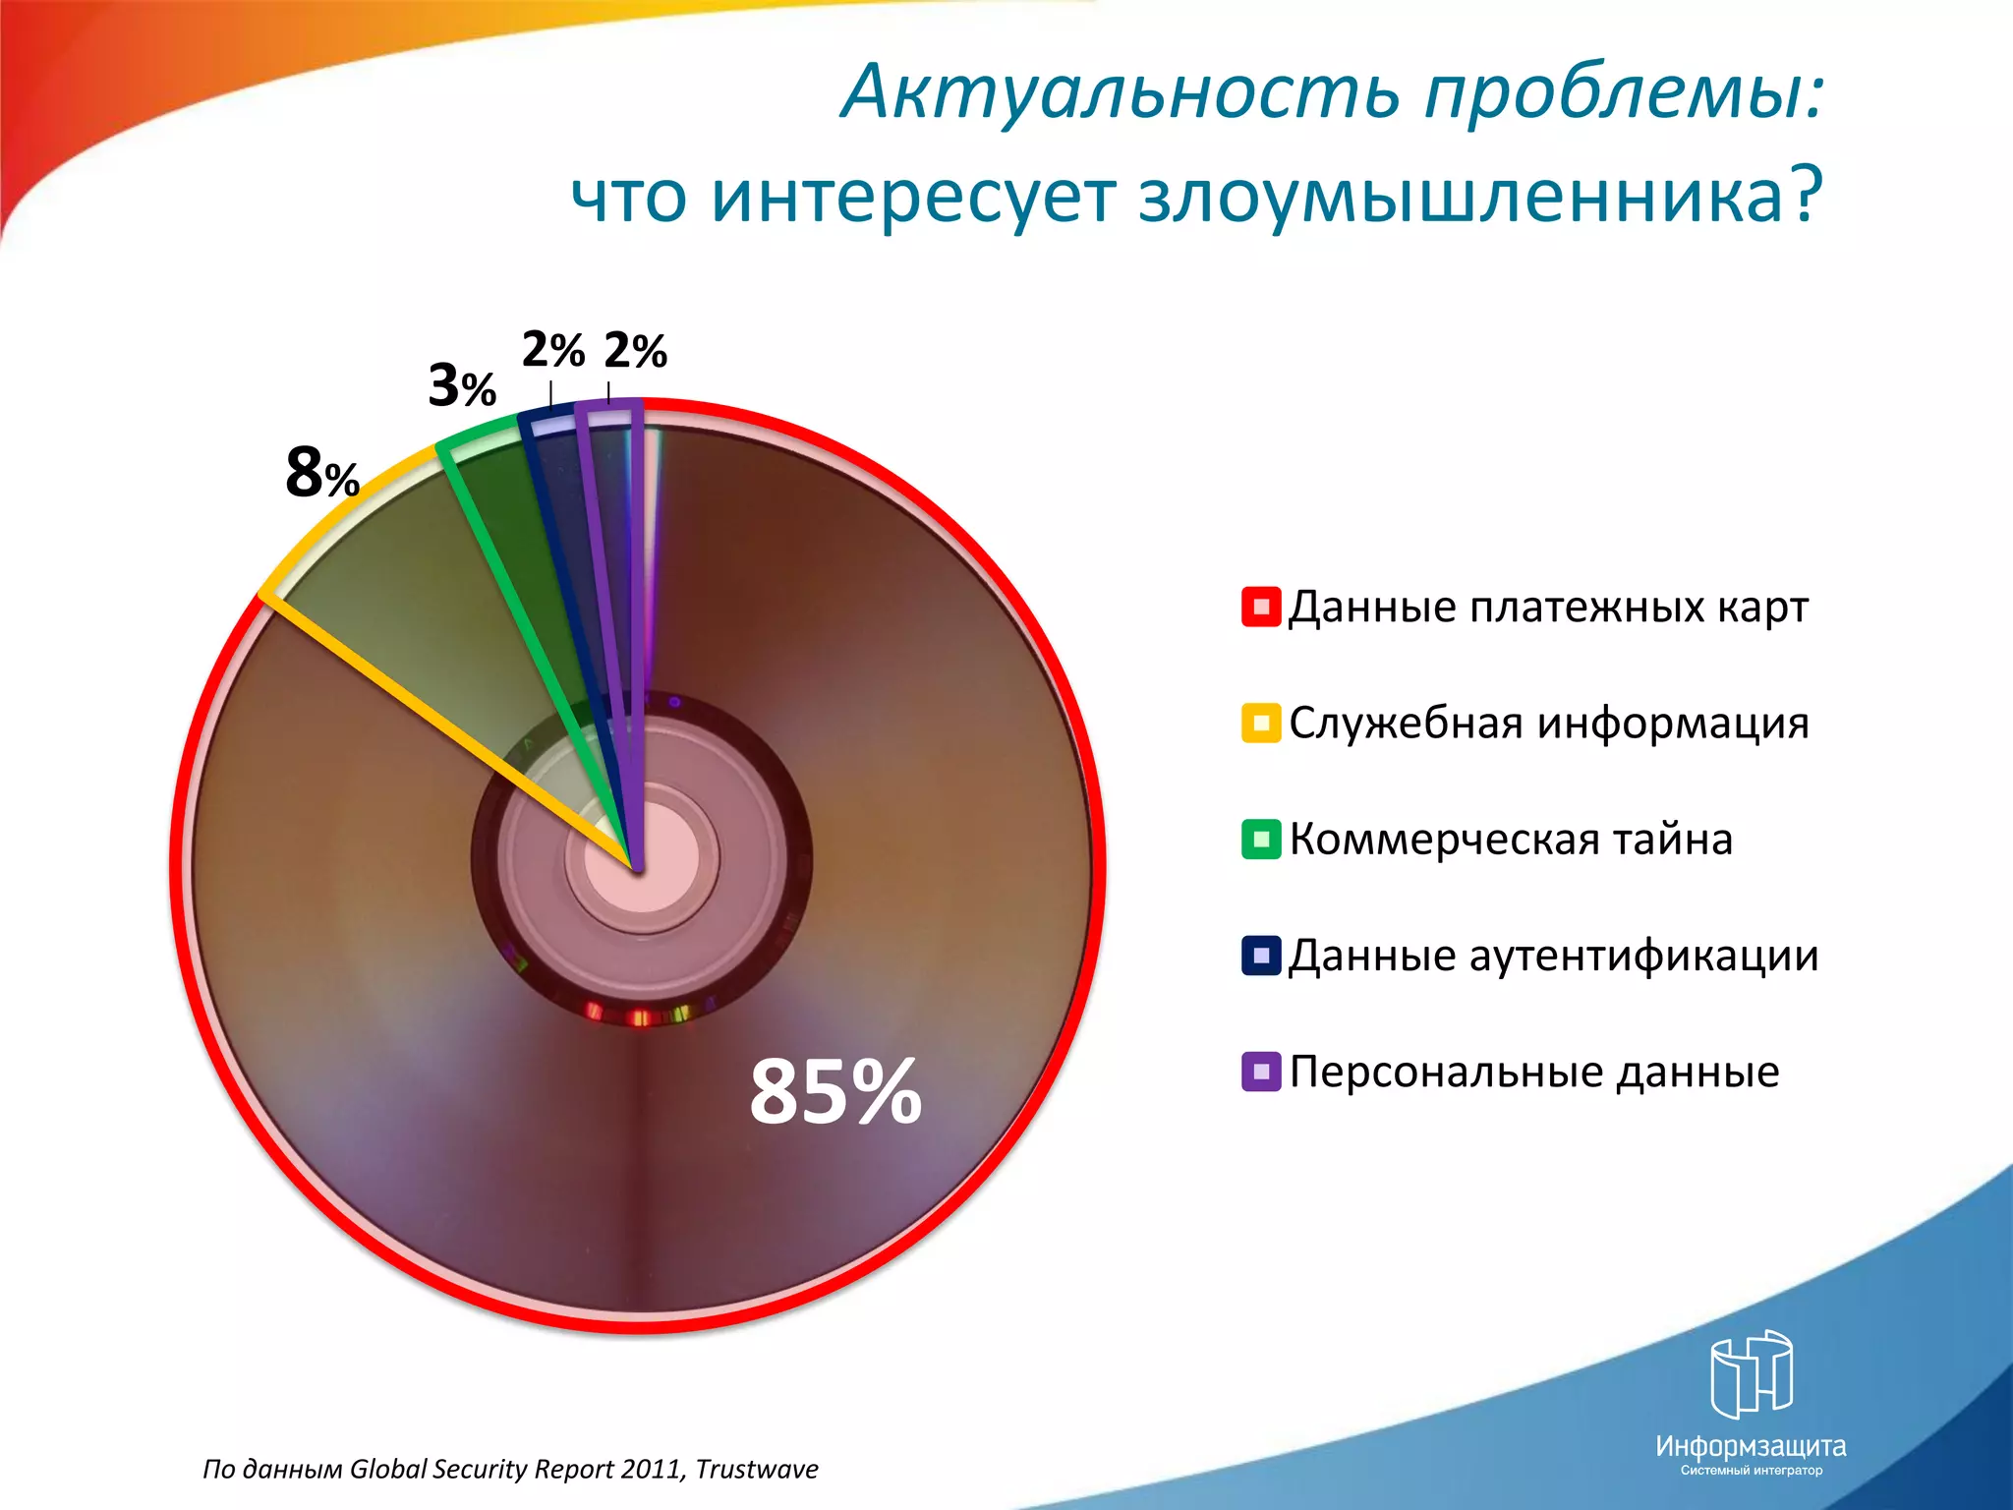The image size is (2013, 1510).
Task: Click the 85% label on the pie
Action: tap(834, 1091)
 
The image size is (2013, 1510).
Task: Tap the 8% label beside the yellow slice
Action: tap(321, 473)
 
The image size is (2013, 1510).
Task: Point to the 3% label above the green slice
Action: tap(461, 385)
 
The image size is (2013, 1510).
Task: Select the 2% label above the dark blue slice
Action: tap(552, 350)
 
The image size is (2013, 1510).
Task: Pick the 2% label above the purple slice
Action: tap(635, 351)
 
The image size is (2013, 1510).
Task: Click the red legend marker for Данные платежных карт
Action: tap(1260, 607)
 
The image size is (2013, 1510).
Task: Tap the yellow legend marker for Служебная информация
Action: tap(1260, 723)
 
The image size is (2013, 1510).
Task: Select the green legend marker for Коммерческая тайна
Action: tap(1260, 839)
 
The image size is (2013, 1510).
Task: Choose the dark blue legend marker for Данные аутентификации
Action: tap(1260, 955)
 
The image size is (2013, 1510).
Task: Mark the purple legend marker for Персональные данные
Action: tap(1260, 1071)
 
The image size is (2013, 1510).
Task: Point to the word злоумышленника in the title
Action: tap(1479, 197)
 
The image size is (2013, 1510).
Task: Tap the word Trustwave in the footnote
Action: tap(757, 1469)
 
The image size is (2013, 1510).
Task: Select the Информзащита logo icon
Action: tap(1751, 1373)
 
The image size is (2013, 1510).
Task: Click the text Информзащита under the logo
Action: tap(1751, 1446)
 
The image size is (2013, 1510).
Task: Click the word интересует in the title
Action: tap(913, 197)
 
